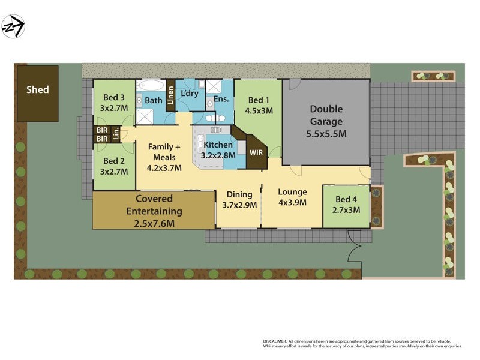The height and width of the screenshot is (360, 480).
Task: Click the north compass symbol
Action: tap(13, 26)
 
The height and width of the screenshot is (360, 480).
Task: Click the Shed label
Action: tap(38, 90)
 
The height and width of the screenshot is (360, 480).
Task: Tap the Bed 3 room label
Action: tap(114, 98)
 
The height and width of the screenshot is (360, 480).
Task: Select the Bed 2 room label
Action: tap(114, 161)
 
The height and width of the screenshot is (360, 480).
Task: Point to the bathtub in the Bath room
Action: tap(150, 86)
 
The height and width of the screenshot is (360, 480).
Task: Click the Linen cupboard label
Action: tap(170, 95)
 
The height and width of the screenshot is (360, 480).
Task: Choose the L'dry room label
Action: tap(190, 94)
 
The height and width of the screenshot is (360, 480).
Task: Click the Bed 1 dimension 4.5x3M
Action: tap(259, 110)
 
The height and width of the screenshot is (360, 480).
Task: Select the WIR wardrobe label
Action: tap(256, 152)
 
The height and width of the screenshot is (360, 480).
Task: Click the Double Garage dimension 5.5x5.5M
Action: tap(326, 134)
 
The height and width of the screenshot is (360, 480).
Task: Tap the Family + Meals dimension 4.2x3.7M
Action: tap(164, 168)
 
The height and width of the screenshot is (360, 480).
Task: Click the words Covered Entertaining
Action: tap(154, 205)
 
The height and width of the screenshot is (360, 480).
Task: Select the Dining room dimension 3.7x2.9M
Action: tap(239, 205)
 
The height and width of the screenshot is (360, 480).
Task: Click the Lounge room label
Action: tap(292, 192)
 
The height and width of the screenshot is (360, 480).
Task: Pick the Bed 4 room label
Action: tap(347, 199)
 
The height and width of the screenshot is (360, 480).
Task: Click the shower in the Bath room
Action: tap(145, 116)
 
